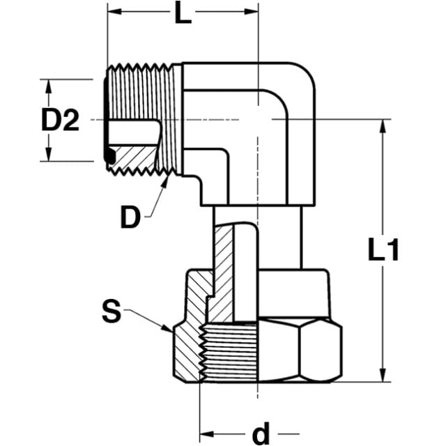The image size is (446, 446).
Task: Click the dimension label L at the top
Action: (x=183, y=13)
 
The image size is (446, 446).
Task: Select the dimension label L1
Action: (x=383, y=249)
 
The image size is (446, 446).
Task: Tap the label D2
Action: (x=60, y=121)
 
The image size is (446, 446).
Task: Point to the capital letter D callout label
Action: (x=130, y=217)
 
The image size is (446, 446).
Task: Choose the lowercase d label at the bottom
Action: (x=261, y=433)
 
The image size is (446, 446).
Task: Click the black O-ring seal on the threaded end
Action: (x=109, y=155)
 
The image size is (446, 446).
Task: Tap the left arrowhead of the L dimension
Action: (x=115, y=12)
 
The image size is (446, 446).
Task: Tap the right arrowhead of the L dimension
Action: (x=251, y=12)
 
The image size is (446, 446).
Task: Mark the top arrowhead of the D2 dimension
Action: (x=49, y=86)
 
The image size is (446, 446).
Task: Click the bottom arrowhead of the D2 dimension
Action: (x=49, y=154)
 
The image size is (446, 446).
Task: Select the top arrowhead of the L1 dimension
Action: (x=383, y=127)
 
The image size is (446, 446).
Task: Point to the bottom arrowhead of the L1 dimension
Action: (x=383, y=375)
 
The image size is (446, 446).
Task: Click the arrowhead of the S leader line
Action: (x=167, y=328)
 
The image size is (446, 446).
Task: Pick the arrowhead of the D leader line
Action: (x=165, y=182)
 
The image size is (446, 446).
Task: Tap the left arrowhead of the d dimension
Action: (x=207, y=434)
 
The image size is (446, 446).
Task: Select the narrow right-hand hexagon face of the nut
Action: (x=321, y=351)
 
